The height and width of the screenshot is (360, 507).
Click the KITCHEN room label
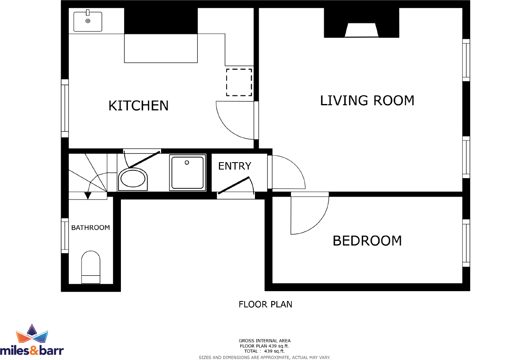[x=138, y=106]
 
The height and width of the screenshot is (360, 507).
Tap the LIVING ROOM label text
[x=367, y=100]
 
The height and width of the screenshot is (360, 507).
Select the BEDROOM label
[x=367, y=240]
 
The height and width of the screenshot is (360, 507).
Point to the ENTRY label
[x=234, y=166]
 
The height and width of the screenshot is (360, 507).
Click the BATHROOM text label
[x=91, y=228]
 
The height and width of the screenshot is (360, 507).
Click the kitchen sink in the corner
[x=88, y=21]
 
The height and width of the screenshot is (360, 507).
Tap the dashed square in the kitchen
[x=239, y=82]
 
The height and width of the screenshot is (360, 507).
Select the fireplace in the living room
[x=361, y=30]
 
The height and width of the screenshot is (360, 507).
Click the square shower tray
[x=188, y=172]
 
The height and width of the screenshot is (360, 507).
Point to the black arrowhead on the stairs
[x=87, y=196]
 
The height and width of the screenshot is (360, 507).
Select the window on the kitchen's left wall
[x=65, y=108]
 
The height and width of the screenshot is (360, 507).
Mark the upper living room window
[x=466, y=60]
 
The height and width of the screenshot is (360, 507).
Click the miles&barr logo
[x=32, y=340]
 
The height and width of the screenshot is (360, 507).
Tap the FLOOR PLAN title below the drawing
[x=265, y=304]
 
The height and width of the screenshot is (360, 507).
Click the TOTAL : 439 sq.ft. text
[x=264, y=351]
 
